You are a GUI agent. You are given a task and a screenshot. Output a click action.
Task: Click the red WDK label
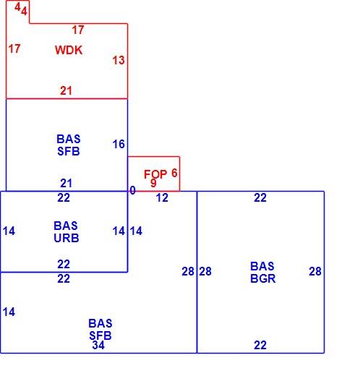click(x=69, y=50)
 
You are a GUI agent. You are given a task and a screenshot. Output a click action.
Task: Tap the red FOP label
click(x=155, y=174)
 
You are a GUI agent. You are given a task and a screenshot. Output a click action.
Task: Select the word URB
click(x=67, y=238)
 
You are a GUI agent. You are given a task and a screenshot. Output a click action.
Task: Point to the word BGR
click(x=262, y=278)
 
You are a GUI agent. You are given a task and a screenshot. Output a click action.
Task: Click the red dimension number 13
click(x=119, y=60)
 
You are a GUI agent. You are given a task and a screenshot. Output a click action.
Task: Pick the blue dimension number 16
click(x=119, y=144)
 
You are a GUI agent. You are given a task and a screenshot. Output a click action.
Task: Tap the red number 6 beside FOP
click(x=174, y=173)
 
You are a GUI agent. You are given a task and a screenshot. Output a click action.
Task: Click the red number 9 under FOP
click(x=153, y=183)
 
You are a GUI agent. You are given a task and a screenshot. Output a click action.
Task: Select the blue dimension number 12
click(x=162, y=197)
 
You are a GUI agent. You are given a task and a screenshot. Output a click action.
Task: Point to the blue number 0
click(x=133, y=191)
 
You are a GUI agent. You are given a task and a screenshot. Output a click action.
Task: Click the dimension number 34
click(x=98, y=345)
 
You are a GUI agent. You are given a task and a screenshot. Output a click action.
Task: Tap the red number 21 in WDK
click(x=66, y=91)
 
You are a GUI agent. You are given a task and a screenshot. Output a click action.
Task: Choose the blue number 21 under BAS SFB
click(x=66, y=184)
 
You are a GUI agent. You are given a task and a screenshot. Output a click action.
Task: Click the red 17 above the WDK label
click(x=78, y=30)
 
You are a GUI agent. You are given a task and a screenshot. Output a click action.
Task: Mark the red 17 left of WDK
click(x=14, y=48)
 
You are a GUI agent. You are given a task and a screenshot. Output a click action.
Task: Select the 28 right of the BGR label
click(x=315, y=271)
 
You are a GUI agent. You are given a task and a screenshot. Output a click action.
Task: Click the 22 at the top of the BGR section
click(x=260, y=197)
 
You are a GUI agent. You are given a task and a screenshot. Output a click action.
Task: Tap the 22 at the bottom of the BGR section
click(x=260, y=345)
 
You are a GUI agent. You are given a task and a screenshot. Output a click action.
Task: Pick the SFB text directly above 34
click(x=100, y=335)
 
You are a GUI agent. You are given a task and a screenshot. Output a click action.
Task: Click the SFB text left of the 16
click(x=69, y=151)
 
